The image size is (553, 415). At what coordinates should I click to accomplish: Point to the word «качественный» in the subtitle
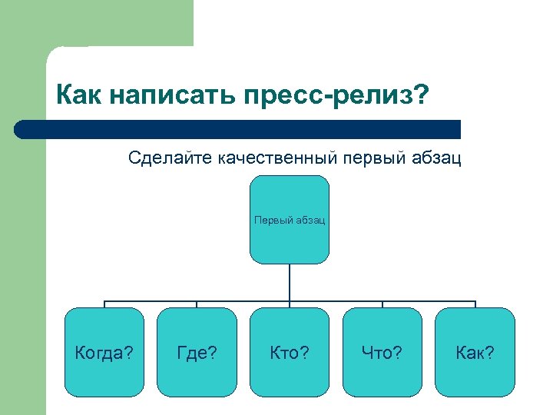click(278, 158)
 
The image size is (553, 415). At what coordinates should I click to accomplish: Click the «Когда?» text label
click(104, 353)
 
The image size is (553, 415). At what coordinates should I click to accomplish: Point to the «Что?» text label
click(382, 353)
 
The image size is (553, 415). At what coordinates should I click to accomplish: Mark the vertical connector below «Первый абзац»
click(290, 282)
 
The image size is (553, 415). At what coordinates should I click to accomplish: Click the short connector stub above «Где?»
click(197, 304)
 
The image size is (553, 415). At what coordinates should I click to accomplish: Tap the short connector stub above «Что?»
click(382, 304)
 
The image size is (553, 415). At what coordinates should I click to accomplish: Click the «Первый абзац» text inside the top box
click(290, 221)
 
